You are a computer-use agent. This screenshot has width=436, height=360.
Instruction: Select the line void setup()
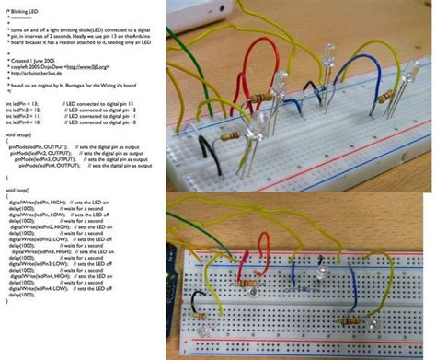tap(22, 138)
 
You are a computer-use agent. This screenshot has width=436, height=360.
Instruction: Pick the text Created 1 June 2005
tap(37, 61)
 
